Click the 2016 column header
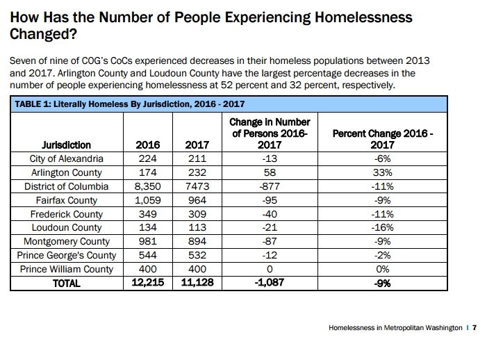(149, 145)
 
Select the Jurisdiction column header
(66, 145)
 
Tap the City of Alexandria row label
(66, 159)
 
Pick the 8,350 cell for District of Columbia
(149, 186)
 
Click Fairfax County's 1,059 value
(149, 200)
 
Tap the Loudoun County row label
(66, 228)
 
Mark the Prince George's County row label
(66, 255)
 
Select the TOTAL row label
(66, 283)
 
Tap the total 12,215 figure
(149, 283)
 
